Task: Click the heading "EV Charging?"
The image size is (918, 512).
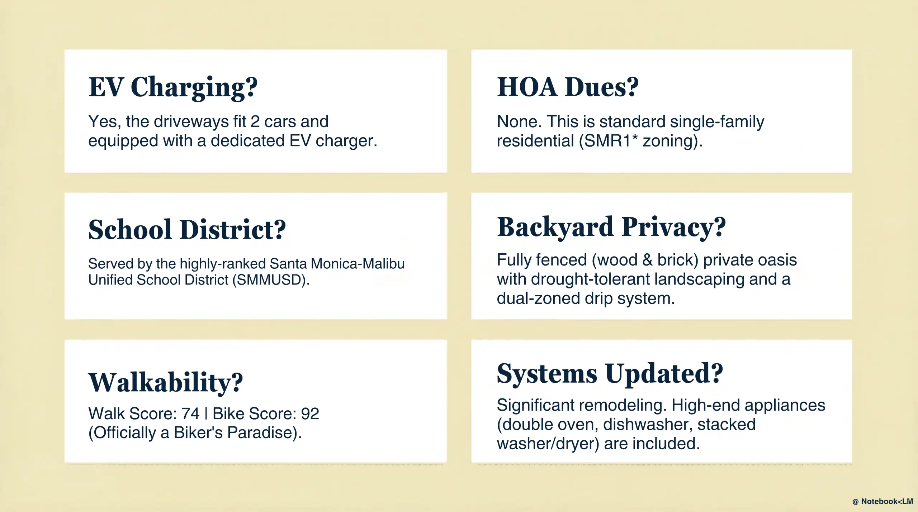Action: coord(173,87)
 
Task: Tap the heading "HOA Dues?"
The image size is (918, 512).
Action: coord(568,87)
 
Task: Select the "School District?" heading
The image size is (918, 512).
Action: coord(187,230)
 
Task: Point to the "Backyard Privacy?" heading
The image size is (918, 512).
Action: coord(611,227)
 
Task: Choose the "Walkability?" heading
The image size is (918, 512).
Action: coord(165,383)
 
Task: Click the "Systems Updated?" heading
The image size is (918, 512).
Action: coord(610,374)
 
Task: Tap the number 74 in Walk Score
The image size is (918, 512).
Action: coord(190,414)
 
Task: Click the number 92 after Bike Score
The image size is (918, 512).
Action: coord(310,414)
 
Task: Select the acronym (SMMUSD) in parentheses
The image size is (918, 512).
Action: coord(270,280)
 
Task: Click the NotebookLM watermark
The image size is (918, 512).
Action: coord(883,501)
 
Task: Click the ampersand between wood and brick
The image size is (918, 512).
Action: coord(647,260)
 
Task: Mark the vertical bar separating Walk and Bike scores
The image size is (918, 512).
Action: coord(206,414)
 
